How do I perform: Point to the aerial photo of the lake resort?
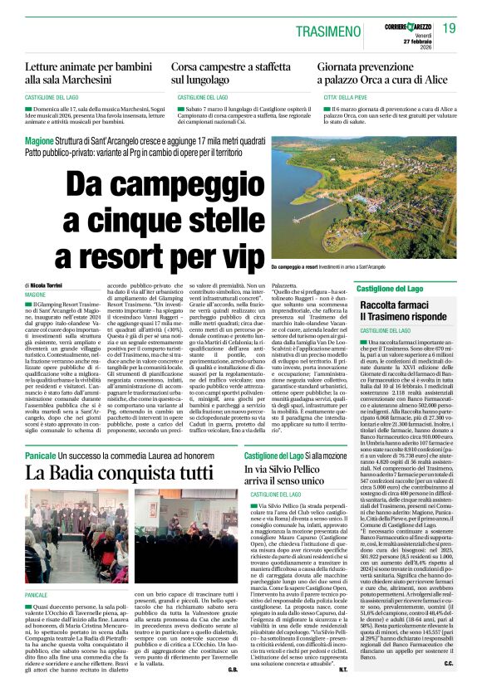click(365, 211)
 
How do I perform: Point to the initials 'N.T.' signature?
click(342, 666)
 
